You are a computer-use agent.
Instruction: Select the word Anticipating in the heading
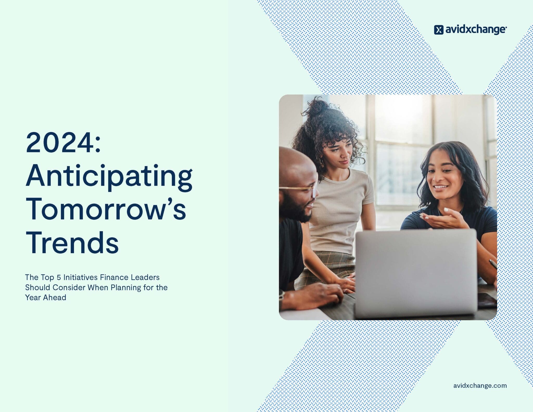click(109, 176)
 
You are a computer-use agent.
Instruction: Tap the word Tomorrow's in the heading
click(106, 210)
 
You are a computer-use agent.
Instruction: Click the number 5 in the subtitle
click(59, 277)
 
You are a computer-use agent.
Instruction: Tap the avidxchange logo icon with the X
click(439, 30)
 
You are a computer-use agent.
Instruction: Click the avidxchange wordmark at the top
click(476, 30)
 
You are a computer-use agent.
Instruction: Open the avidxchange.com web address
click(480, 385)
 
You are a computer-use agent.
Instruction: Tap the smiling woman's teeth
click(440, 187)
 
